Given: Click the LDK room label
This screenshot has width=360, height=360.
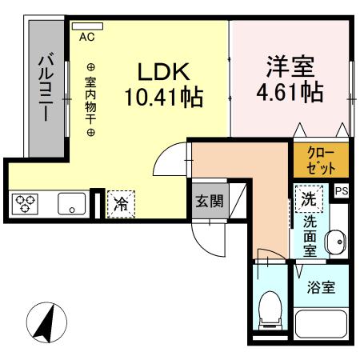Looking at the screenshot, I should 163,72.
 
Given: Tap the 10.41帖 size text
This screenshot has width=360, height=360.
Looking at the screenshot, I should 163,99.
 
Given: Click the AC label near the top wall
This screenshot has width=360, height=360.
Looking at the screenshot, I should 86,36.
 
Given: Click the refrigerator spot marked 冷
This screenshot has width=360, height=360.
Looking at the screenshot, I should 121,203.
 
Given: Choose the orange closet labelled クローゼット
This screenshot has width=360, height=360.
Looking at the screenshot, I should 319,161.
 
